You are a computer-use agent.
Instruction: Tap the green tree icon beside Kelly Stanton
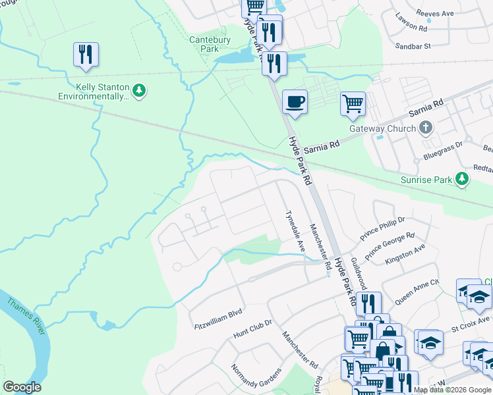pos(139,90)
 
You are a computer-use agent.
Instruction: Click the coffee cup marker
pos(295,103)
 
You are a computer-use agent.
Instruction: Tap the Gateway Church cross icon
pos(426,128)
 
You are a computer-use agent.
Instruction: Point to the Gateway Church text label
pos(384,128)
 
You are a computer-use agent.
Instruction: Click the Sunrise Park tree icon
pos(463,179)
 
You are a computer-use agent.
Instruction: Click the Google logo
pos(22,387)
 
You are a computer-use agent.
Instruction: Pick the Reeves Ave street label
pos(436,13)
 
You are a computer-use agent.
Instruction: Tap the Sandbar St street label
pos(413,46)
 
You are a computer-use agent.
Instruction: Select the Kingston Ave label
pos(405,252)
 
